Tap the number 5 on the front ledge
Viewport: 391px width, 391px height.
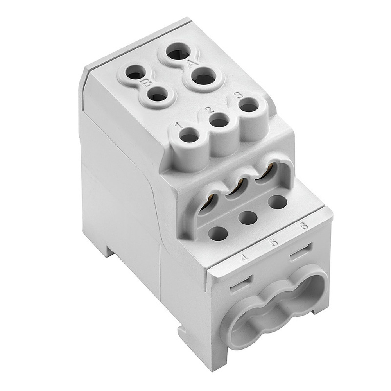coord(274,242)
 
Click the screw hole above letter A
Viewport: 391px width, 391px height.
coord(178,52)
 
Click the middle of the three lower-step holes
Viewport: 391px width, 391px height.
coord(248,218)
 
